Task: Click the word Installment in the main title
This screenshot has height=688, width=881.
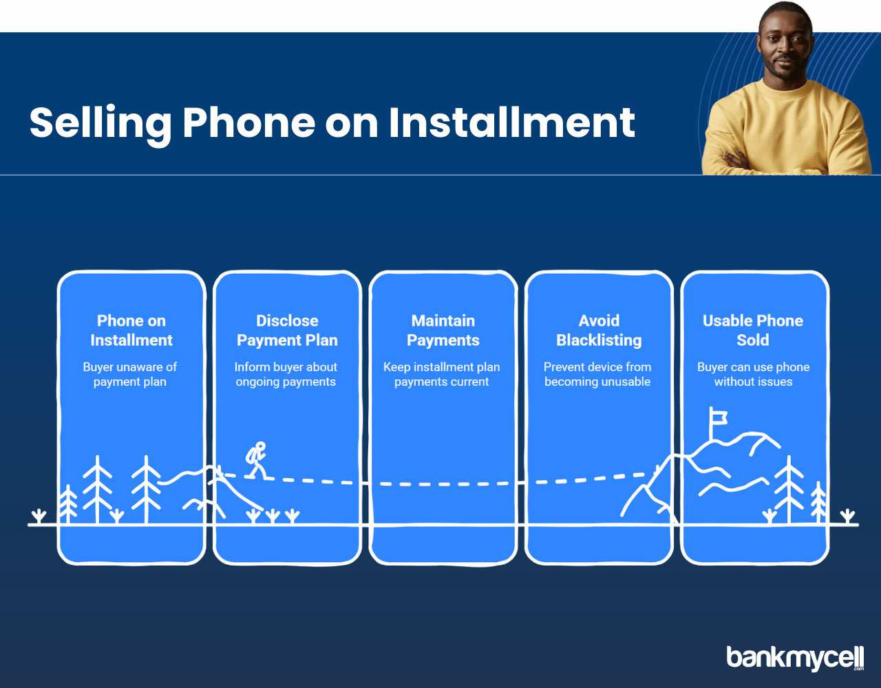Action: pyautogui.click(x=511, y=122)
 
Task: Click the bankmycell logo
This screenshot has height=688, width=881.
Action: pyautogui.click(x=795, y=658)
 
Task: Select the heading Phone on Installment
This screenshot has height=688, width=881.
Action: pyautogui.click(x=131, y=330)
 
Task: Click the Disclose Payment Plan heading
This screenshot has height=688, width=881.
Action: pyautogui.click(x=287, y=330)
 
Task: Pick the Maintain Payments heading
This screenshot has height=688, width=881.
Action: pyautogui.click(x=443, y=330)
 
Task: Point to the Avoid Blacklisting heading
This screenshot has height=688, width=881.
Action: pyautogui.click(x=599, y=330)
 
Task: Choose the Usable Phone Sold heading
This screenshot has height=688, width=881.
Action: pyautogui.click(x=753, y=330)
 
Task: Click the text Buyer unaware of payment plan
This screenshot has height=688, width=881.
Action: pyautogui.click(x=129, y=374)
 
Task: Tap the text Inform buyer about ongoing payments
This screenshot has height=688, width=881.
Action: pyautogui.click(x=286, y=374)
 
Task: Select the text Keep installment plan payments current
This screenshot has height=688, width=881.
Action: pyautogui.click(x=441, y=374)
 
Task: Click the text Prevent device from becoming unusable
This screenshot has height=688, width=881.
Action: pyautogui.click(x=597, y=374)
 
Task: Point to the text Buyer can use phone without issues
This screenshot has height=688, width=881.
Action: pyautogui.click(x=753, y=374)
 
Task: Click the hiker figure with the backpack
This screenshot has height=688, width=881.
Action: pyautogui.click(x=256, y=460)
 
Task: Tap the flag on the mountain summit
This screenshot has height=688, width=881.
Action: pyautogui.click(x=718, y=420)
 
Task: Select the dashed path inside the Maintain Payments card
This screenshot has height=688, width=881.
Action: pyautogui.click(x=444, y=484)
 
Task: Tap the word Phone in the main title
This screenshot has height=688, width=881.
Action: pyautogui.click(x=248, y=122)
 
